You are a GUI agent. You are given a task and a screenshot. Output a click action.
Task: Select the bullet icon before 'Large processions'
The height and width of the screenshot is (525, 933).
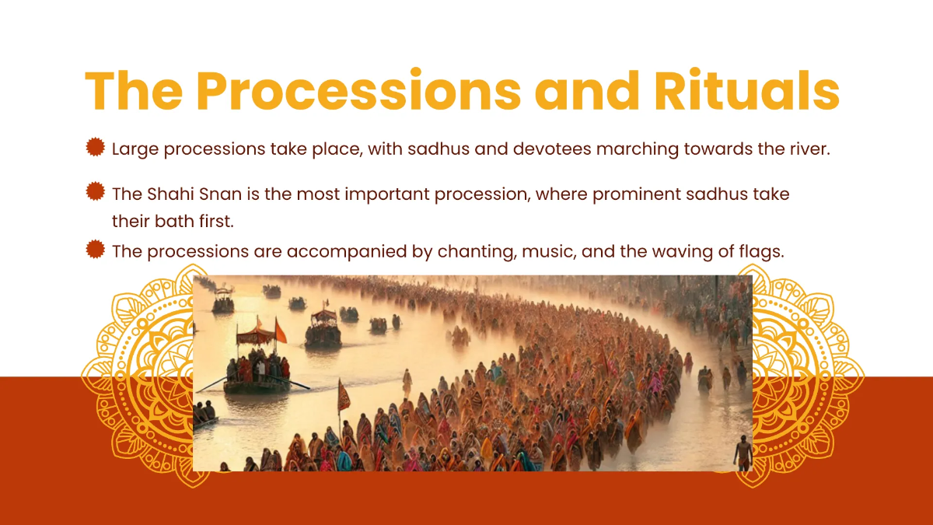coord(96,146)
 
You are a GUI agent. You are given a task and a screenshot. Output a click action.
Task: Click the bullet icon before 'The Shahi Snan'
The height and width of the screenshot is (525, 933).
coord(96,191)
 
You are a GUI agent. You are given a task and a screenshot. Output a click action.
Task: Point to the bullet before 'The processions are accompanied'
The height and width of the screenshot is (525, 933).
coord(96,249)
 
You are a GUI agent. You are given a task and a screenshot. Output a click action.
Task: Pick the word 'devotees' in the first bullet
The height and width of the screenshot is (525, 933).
coord(553,149)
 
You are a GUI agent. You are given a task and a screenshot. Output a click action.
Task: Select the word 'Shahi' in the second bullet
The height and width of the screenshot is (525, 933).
coord(169,194)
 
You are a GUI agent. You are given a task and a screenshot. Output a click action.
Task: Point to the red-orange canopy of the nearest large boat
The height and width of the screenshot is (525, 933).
coord(254,336)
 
